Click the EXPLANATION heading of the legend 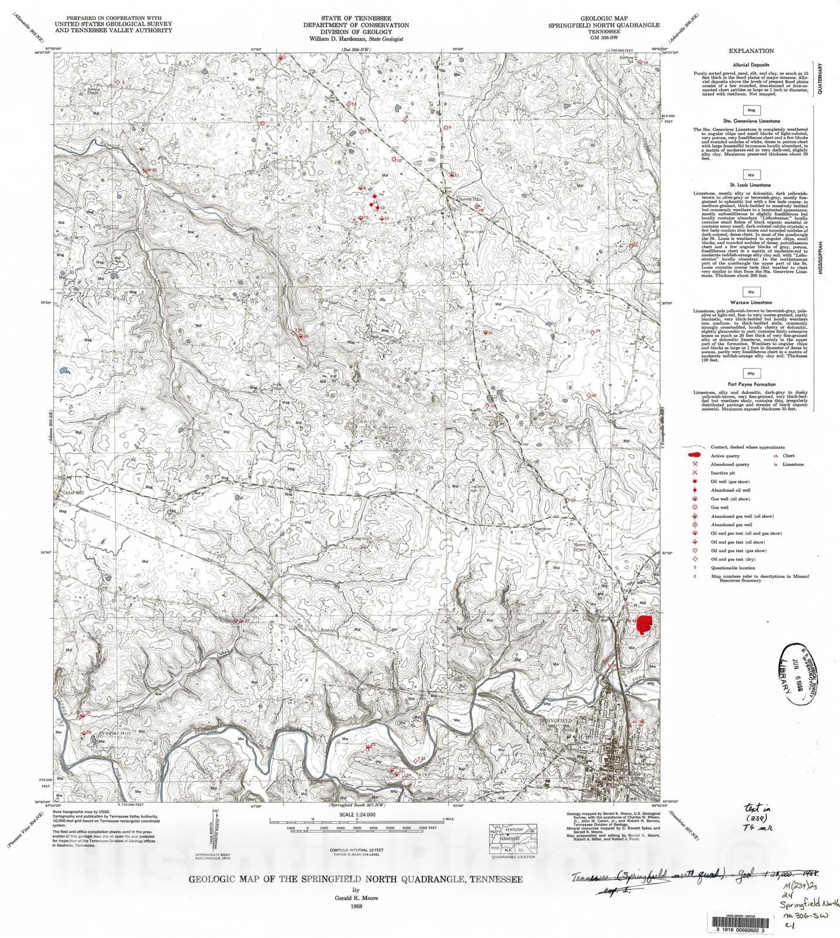pos(751,51)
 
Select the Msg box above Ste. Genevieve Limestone pos(751,110)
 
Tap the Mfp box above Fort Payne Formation pos(751,373)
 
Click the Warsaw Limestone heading pos(751,303)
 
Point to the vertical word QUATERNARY pos(821,79)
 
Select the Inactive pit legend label pos(723,473)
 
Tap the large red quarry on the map pos(645,624)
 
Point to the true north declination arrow pos(216,832)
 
